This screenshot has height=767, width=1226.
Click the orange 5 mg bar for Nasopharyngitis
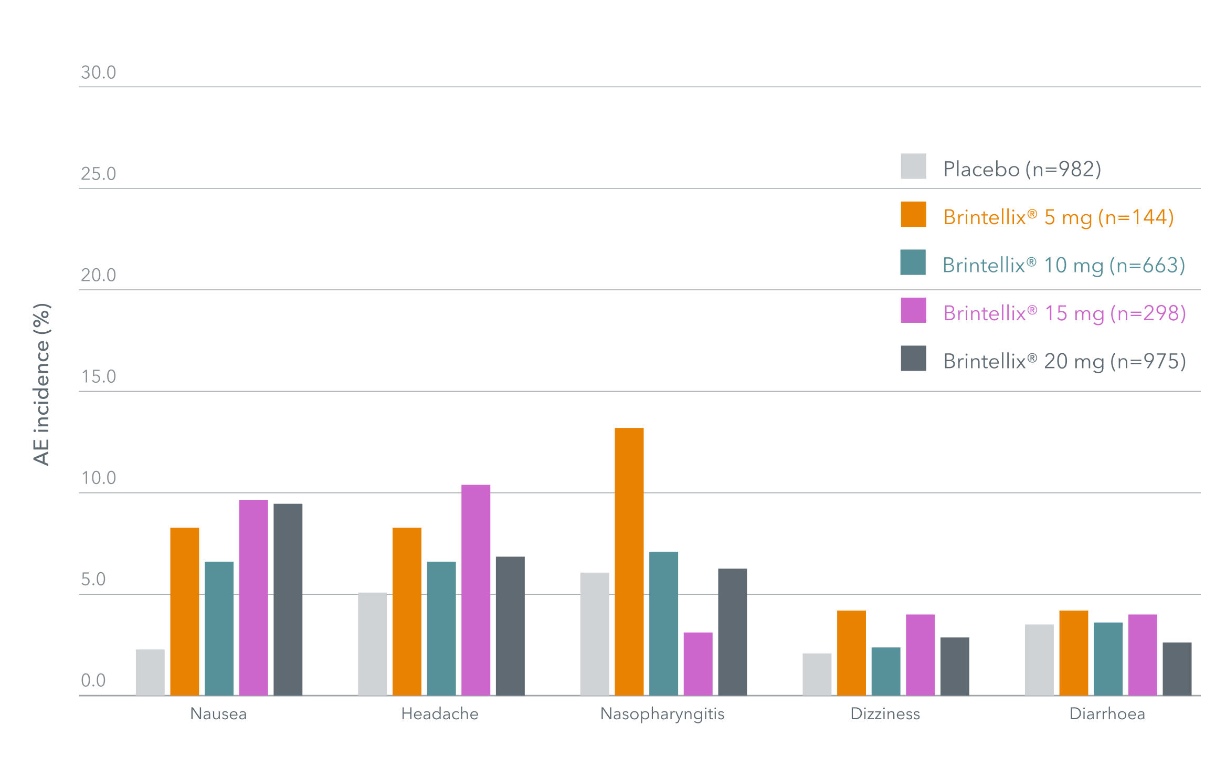[x=629, y=562]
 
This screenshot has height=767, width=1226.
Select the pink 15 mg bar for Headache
[x=475, y=590]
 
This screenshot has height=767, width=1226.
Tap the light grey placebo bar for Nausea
[x=150, y=673]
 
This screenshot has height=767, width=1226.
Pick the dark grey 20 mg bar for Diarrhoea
[x=1177, y=669]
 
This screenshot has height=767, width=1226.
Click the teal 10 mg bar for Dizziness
[x=885, y=671]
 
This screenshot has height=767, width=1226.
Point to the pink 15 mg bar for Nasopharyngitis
[x=697, y=664]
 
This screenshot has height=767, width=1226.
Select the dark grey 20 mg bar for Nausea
[x=288, y=600]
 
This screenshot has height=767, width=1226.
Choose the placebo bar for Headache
[x=372, y=644]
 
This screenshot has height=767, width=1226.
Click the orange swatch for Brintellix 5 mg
[x=913, y=214]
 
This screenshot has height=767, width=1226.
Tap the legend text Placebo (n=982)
[x=1022, y=169]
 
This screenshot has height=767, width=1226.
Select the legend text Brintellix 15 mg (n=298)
[x=1064, y=313]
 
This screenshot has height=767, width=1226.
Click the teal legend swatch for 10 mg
[x=913, y=262]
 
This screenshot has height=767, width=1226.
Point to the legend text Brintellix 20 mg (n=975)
[x=1064, y=361]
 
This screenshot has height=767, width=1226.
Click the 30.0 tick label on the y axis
[x=98, y=72]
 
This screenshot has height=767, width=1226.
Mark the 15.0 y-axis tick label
[x=98, y=376]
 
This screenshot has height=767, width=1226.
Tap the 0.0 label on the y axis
[x=93, y=680]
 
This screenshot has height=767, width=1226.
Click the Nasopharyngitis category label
[x=662, y=714]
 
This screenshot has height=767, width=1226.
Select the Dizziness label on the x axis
[x=885, y=714]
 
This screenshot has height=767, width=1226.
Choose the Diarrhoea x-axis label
[x=1107, y=714]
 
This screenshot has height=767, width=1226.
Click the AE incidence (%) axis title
[x=41, y=384]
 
